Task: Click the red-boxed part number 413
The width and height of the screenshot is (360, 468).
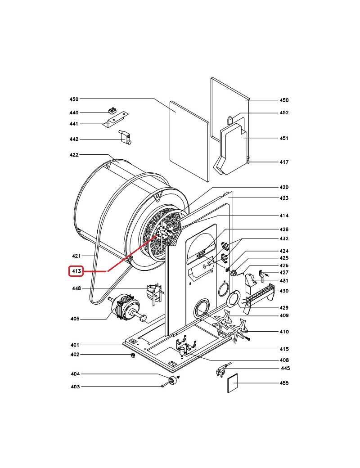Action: [x=76, y=271]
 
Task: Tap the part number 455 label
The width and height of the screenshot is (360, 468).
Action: [x=284, y=383]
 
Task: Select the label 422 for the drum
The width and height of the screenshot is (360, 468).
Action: [x=74, y=155]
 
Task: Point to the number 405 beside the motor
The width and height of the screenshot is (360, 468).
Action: [x=75, y=319]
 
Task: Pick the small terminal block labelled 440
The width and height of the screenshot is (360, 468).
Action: [x=112, y=111]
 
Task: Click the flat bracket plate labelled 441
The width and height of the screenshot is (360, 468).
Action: [x=115, y=119]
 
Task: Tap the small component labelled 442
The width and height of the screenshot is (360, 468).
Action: [x=126, y=138]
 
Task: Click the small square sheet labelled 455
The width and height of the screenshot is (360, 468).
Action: [x=233, y=383]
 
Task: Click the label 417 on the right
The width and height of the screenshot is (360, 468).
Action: [x=284, y=162]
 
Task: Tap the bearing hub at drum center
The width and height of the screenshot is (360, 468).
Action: [x=162, y=231]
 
